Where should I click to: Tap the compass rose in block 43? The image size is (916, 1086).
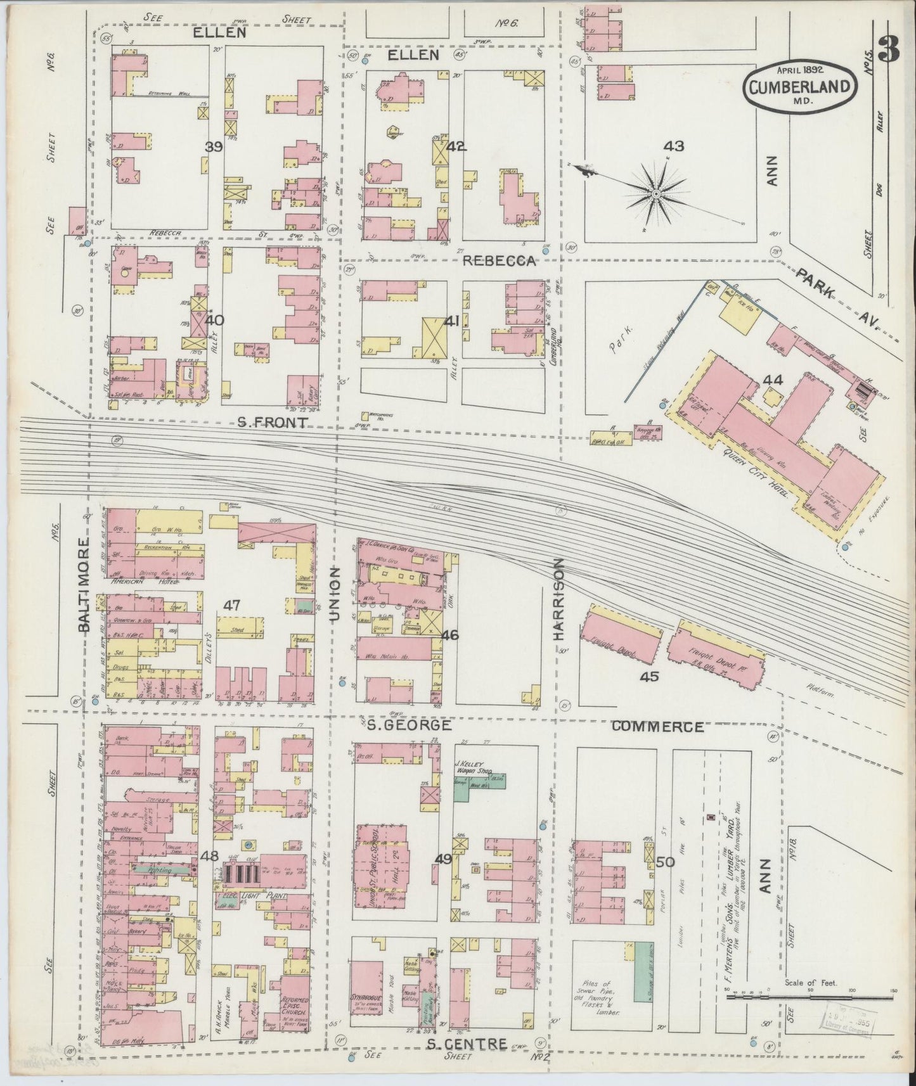point(657,193)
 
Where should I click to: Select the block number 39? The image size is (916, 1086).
point(214,147)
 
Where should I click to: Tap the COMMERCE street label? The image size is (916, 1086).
point(657,727)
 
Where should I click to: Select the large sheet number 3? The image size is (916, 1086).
point(890,49)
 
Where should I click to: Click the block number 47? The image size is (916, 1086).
point(232,606)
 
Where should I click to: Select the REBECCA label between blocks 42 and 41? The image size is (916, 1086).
point(500,261)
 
